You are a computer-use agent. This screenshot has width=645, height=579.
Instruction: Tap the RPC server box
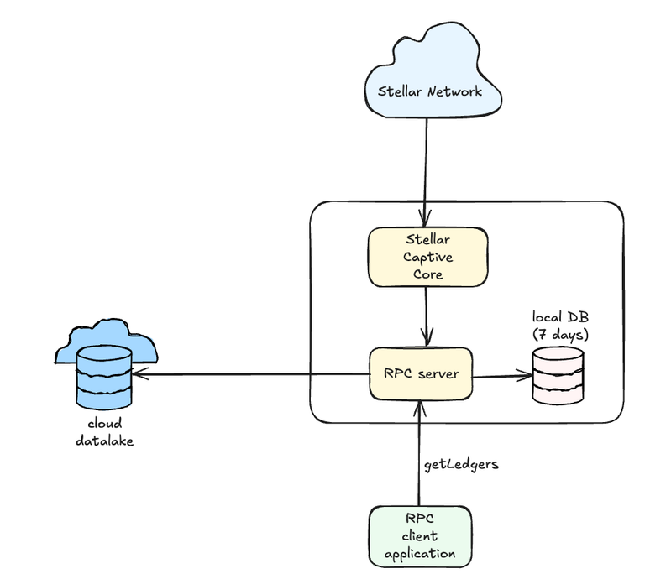tap(420, 373)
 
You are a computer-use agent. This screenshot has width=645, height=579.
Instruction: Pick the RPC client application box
tap(419, 535)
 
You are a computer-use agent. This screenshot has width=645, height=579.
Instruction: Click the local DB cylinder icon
tap(558, 374)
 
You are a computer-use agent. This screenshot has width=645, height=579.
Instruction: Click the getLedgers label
tap(462, 463)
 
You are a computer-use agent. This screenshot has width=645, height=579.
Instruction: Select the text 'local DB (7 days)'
tap(560, 326)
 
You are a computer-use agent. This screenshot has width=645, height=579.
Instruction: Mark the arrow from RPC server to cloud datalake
tap(252, 374)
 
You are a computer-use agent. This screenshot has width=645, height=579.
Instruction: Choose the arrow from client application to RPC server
tap(418, 453)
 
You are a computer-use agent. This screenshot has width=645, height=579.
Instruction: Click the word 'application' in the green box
tap(419, 553)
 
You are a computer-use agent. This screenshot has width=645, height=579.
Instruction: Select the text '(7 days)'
tap(560, 334)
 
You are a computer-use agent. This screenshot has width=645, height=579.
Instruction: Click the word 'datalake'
tap(104, 439)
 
